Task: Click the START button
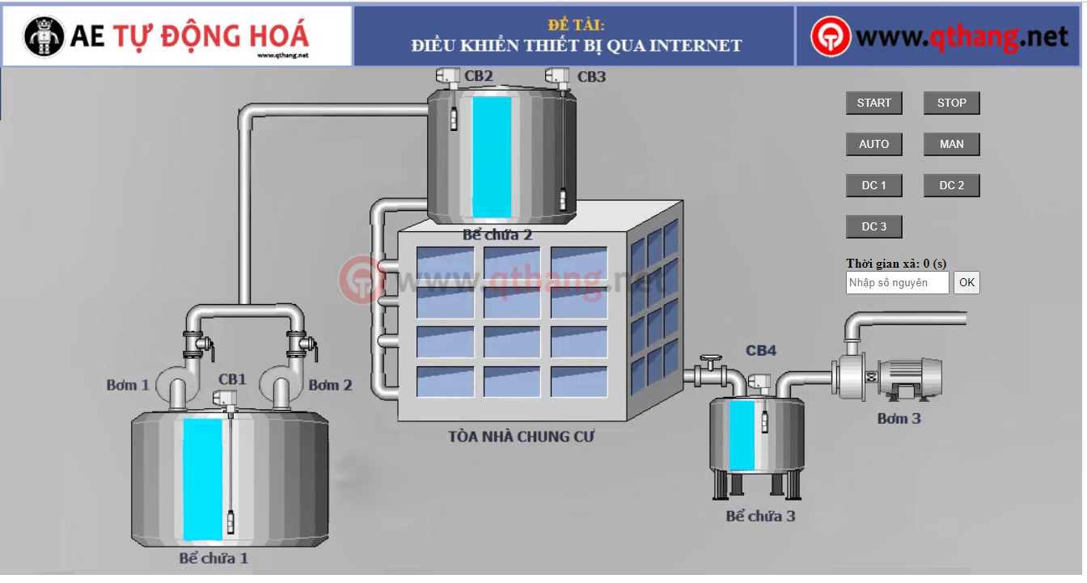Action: [873, 103]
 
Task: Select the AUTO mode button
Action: [873, 144]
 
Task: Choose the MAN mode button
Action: [951, 144]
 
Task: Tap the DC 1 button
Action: [873, 185]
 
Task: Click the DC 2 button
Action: [951, 185]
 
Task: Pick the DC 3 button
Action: [873, 226]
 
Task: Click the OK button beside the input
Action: [966, 282]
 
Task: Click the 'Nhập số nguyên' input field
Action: [897, 282]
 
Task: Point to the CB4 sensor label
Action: [760, 350]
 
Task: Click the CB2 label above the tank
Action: [478, 76]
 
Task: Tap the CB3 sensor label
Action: [591, 77]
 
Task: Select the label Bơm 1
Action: [128, 385]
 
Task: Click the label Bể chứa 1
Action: [214, 558]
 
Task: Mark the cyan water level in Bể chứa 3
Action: [742, 435]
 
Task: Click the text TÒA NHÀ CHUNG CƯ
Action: [521, 437]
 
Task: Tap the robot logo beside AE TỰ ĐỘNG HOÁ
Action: [44, 36]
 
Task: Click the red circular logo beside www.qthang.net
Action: [831, 36]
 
